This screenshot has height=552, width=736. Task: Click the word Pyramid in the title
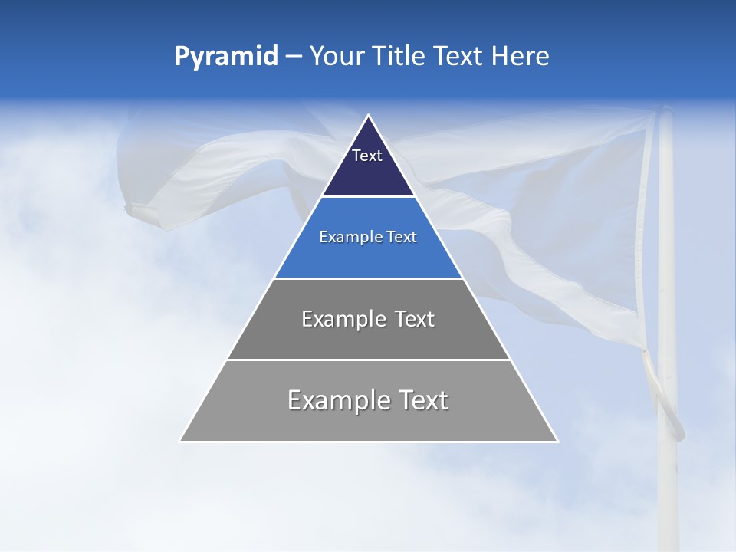[x=225, y=57]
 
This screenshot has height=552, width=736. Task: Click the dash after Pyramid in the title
[x=294, y=57]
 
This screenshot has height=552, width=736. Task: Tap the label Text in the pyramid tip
[x=367, y=156]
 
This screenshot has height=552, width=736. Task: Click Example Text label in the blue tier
[x=368, y=237]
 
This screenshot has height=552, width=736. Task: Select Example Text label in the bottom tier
[x=368, y=400]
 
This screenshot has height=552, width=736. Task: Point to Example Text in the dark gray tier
[x=368, y=319]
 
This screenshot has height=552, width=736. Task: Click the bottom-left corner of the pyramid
[x=180, y=441]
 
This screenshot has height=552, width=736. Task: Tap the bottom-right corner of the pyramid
[x=557, y=441]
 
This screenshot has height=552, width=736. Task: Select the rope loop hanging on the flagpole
[x=666, y=399]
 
